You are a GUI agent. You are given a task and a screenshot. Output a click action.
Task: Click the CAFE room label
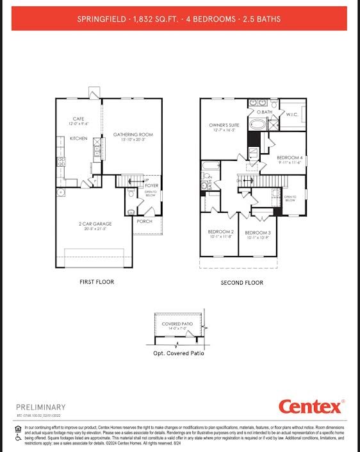coord(79,119)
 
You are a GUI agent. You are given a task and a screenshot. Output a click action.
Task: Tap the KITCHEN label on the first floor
coord(78,138)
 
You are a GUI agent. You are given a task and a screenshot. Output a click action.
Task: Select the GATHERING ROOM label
coord(133,135)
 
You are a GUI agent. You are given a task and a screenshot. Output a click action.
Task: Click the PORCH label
coord(145,221)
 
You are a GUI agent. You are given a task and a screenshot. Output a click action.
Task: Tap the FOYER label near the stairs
coord(151,186)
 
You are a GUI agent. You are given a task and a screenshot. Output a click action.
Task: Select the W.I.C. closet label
coord(293,115)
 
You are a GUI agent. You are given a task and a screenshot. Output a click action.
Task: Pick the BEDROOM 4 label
coord(290,158)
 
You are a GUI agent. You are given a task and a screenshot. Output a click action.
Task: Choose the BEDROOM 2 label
coord(220,232)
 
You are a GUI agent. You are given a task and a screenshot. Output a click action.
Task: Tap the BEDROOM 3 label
coord(258,233)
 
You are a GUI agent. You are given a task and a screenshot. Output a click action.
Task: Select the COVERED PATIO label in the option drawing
coord(177,324)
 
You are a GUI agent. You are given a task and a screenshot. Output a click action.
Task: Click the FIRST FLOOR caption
coord(97,282)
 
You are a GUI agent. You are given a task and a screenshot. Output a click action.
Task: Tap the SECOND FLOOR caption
coord(241,283)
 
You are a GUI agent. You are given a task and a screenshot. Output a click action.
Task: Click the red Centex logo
coord(311,406)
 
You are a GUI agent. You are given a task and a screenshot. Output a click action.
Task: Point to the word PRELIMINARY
coord(40,407)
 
